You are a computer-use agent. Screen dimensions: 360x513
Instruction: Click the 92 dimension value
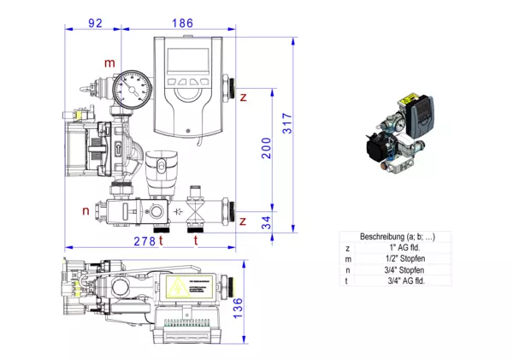point(95,22)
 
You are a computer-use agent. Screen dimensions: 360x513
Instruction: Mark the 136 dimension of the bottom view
point(239,305)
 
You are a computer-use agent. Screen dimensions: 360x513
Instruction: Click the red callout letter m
point(109,62)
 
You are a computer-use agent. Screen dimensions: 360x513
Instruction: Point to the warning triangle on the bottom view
point(181,287)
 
